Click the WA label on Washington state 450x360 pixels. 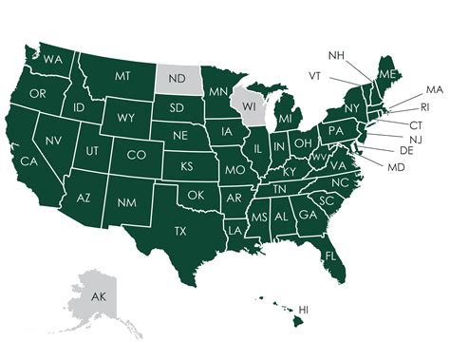pos(53,60)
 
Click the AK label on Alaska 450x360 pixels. pos(99,296)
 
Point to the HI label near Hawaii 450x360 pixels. pos(305,310)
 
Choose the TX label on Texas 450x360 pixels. pos(180,231)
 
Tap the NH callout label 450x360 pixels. pos(338,54)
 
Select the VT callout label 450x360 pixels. pos(315,75)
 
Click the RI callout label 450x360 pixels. pos(424,106)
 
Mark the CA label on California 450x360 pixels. pos(28,162)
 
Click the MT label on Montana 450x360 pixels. pos(122,76)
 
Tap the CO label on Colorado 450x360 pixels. pos(137,155)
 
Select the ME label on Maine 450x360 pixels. pos(387,73)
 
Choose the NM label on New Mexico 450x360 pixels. pos(125,202)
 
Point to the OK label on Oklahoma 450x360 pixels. pos(197,195)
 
